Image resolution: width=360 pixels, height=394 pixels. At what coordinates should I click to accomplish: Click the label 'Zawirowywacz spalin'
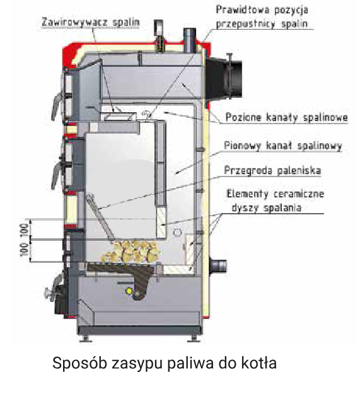(x=90, y=22)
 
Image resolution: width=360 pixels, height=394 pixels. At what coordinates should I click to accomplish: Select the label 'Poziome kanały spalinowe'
(x=286, y=117)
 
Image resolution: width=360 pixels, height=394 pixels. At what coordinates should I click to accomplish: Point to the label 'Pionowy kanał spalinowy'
(x=283, y=146)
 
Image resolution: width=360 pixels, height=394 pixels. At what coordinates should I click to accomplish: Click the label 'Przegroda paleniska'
(x=272, y=170)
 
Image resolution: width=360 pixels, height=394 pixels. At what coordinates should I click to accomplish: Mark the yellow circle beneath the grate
(x=129, y=291)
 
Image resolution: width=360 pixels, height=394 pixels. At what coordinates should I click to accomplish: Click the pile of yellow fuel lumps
(x=131, y=251)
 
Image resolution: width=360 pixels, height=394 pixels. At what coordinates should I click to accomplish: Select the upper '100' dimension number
(x=25, y=229)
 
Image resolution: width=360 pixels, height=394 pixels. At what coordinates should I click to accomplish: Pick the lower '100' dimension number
(x=25, y=250)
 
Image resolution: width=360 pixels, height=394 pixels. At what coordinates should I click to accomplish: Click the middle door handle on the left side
(x=57, y=175)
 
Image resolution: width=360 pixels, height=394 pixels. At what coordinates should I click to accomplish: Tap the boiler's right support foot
(x=194, y=339)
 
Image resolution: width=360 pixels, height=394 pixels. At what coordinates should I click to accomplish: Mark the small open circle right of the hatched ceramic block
(x=178, y=232)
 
